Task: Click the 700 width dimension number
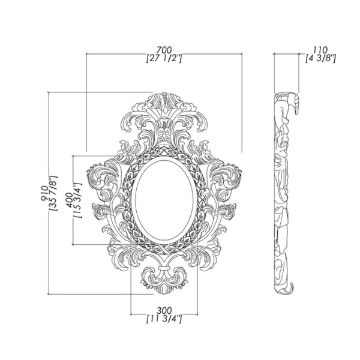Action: pos(164,50)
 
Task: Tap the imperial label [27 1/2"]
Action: pos(164,58)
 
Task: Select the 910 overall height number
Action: pos(44,193)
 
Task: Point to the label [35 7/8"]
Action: pos(53,193)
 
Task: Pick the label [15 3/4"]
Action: pos(78,200)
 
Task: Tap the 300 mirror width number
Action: pos(164,311)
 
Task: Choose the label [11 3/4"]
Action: pos(164,319)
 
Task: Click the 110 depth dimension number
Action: pos(320,50)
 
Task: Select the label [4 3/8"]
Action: pos(320,58)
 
